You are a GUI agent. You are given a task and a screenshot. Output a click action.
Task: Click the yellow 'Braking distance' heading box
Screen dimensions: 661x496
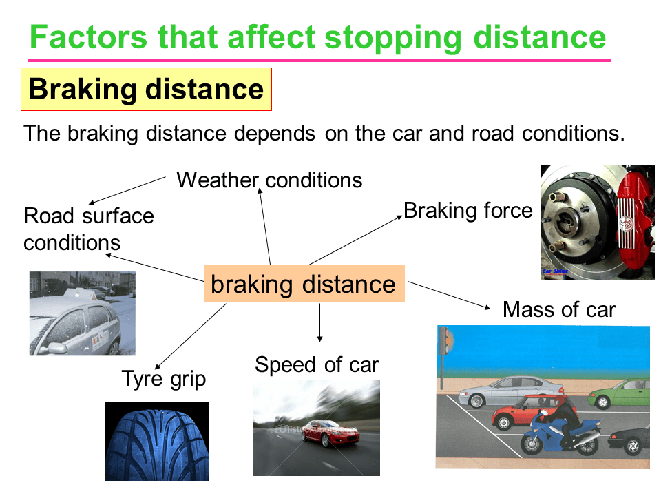pyautogui.click(x=146, y=90)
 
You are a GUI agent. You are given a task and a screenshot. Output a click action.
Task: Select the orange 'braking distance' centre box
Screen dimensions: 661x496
pyautogui.click(x=304, y=283)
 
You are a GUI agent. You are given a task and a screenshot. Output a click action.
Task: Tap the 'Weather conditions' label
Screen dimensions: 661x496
pyautogui.click(x=269, y=180)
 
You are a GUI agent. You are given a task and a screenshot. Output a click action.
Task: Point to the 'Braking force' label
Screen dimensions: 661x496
pyautogui.click(x=468, y=211)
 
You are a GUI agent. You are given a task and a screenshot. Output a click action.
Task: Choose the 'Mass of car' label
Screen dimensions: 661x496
pyautogui.click(x=559, y=309)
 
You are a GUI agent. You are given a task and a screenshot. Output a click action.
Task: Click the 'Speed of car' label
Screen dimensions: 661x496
pyautogui.click(x=317, y=365)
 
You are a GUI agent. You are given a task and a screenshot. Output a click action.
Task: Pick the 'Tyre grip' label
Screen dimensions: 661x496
pyautogui.click(x=164, y=379)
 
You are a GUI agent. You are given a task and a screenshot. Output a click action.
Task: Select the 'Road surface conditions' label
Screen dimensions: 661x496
pyautogui.click(x=89, y=229)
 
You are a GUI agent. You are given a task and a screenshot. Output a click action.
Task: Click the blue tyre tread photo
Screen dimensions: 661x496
pyautogui.click(x=157, y=441)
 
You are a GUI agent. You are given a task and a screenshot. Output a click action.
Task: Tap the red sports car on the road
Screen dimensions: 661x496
pyautogui.click(x=330, y=433)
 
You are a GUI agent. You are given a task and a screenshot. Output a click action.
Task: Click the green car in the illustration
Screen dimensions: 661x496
pyautogui.click(x=619, y=393)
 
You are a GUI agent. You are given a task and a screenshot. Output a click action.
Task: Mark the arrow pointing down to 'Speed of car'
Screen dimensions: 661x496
pyautogui.click(x=320, y=322)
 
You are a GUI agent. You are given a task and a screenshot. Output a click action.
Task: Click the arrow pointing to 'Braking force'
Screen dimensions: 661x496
pyautogui.click(x=356, y=240)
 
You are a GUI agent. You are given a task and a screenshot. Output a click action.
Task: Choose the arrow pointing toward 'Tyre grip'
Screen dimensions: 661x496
pyautogui.click(x=191, y=336)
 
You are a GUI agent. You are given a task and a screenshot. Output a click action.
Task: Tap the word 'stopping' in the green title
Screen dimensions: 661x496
pyautogui.click(x=393, y=38)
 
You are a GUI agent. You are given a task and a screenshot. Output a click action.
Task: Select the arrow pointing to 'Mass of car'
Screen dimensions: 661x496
pyautogui.click(x=450, y=296)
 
